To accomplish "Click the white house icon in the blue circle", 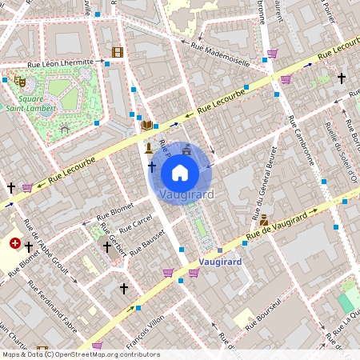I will [x=180, y=172].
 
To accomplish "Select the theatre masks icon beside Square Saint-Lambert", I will [x=20, y=81].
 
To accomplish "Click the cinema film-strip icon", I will [x=118, y=53].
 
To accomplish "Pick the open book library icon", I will [x=146, y=124].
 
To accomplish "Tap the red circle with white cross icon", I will [x=15, y=243].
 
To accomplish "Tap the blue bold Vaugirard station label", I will [x=215, y=261].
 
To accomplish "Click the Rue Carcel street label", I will [x=135, y=221].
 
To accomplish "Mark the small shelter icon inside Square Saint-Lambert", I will [x=65, y=128].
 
